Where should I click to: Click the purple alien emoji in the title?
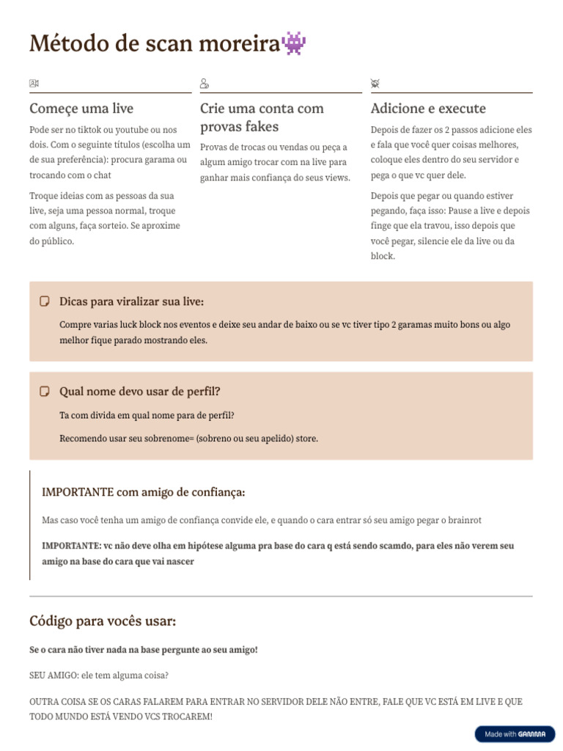point(294,44)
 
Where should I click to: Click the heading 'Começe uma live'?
point(81,109)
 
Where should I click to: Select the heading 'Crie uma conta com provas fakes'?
point(262,117)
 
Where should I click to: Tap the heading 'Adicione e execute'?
point(428,109)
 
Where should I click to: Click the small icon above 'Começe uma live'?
point(34,84)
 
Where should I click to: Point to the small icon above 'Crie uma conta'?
point(205,84)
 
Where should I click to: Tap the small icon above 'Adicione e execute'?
point(375,84)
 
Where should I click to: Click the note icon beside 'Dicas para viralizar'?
point(45,301)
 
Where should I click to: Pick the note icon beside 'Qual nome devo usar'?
point(45,392)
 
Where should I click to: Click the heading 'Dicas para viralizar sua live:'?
point(131,301)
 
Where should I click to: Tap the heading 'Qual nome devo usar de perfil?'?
point(139,392)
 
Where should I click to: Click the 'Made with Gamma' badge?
point(515,733)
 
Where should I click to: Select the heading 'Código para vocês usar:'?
point(103,621)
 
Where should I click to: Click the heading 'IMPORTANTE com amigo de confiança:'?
point(144,491)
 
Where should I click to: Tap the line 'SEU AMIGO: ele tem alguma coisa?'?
point(99,675)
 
